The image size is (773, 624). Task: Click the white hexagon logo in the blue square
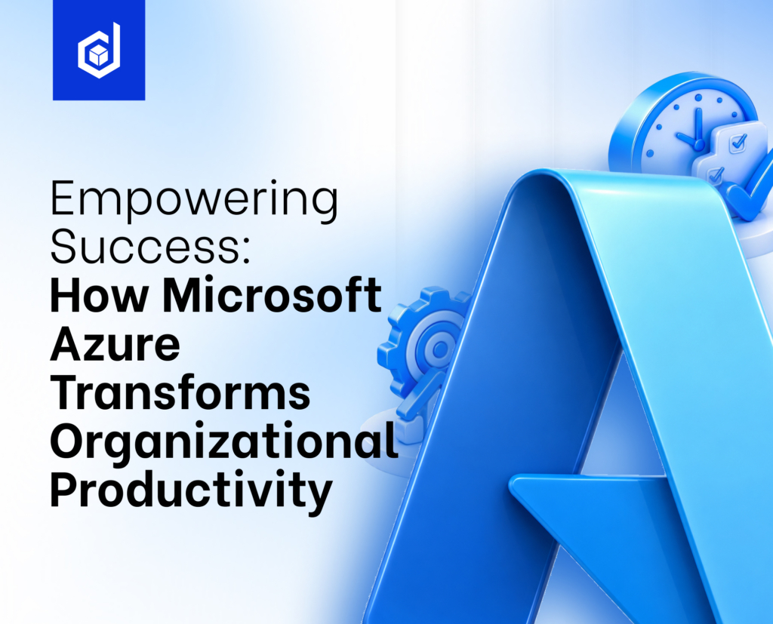click(99, 51)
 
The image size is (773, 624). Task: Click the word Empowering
click(194, 200)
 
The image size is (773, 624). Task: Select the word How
click(99, 295)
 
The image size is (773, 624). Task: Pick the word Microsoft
click(272, 295)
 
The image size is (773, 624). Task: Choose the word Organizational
click(224, 442)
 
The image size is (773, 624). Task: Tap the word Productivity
click(191, 490)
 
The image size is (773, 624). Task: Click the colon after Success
click(247, 251)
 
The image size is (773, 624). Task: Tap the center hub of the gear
click(440, 349)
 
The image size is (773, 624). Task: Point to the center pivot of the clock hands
click(698, 144)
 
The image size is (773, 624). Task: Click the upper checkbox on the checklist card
click(738, 143)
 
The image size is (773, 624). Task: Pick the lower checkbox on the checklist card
click(716, 174)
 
